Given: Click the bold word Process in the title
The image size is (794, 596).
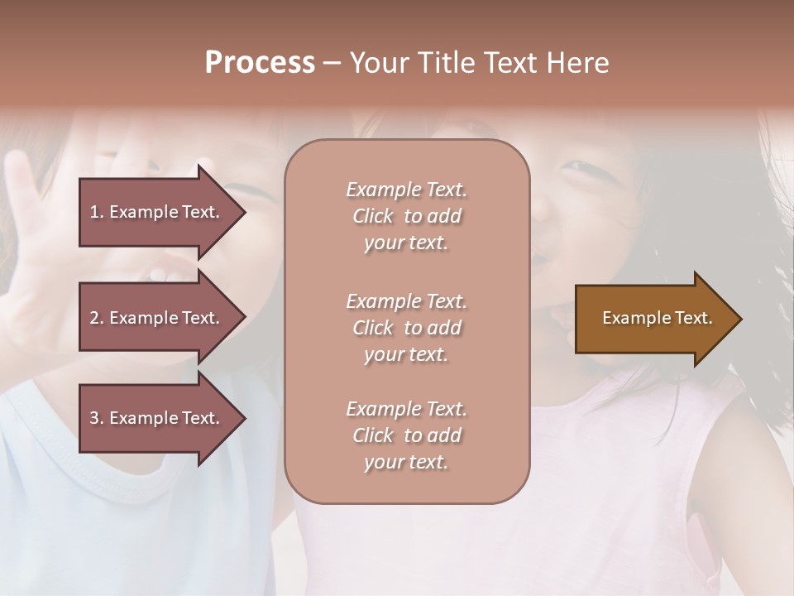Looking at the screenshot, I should pyautogui.click(x=260, y=63).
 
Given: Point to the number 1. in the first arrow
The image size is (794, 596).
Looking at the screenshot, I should pyautogui.click(x=97, y=212).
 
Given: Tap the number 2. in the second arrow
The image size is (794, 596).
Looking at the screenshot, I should pyautogui.click(x=97, y=318).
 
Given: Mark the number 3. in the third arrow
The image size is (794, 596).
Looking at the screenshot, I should pyautogui.click(x=97, y=418).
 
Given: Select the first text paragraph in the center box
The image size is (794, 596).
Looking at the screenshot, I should pyautogui.click(x=406, y=216).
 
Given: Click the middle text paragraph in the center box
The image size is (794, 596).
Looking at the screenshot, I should pyautogui.click(x=406, y=328).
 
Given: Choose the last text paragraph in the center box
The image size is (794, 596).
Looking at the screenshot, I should pyautogui.click(x=406, y=435).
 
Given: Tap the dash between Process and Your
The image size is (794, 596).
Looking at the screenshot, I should pyautogui.click(x=332, y=63).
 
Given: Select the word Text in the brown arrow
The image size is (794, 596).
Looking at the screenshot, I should pyautogui.click(x=694, y=318).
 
